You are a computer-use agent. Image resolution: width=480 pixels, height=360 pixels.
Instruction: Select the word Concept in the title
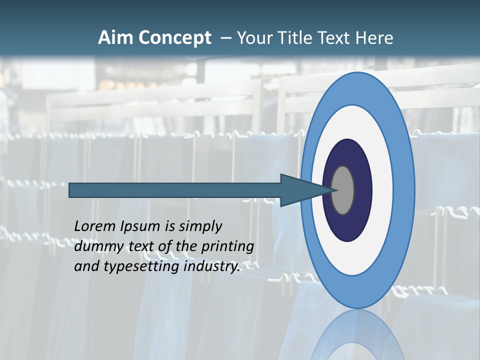tap(174, 38)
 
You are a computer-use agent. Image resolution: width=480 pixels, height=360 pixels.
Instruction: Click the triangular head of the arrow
tap(300, 190)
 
